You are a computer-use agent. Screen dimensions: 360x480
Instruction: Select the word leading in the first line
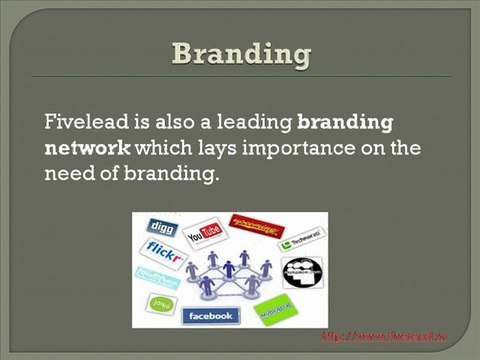[x=255, y=122]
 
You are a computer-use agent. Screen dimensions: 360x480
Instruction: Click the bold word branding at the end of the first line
[x=345, y=122]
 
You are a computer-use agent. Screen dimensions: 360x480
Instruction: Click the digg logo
[x=160, y=226]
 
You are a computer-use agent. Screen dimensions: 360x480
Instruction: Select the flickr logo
[x=164, y=250]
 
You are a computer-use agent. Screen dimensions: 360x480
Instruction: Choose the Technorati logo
[x=298, y=241]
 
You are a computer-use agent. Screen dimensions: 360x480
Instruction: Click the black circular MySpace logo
[x=301, y=272]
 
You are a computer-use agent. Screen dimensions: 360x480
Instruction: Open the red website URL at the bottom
[x=396, y=336]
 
